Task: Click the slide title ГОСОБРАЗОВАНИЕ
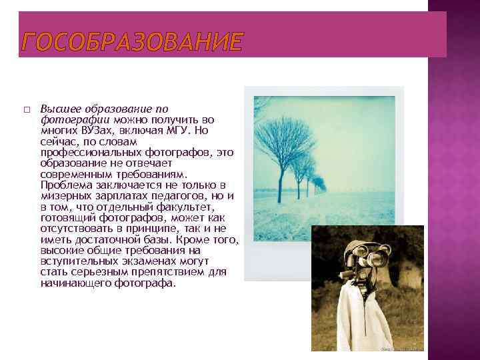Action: coord(132,42)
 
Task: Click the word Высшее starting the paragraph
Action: coord(57,109)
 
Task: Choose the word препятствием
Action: coord(183,273)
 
